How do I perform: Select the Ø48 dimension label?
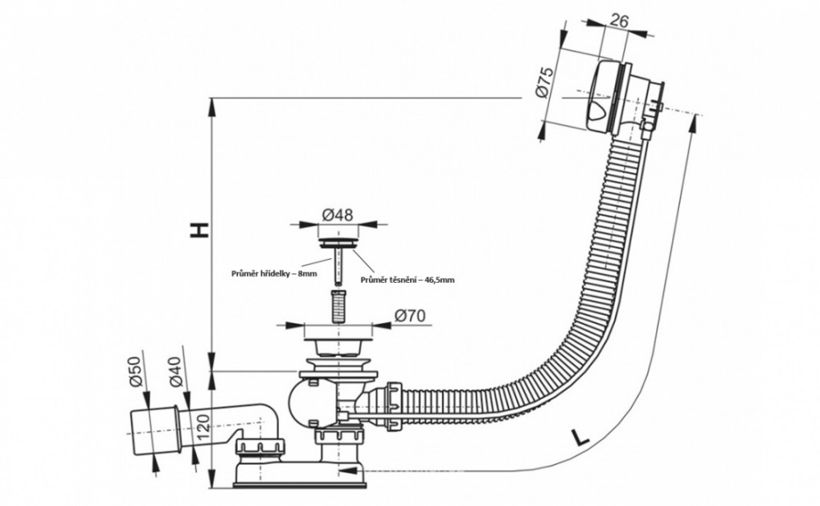coord(337,215)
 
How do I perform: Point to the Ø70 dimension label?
coord(412,314)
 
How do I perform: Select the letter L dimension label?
coord(580,436)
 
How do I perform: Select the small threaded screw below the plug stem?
coord(337,303)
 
